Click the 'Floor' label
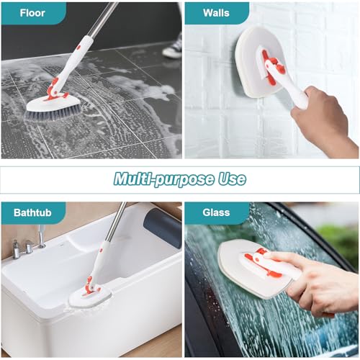pyautogui.click(x=32, y=12)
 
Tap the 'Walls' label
pyautogui.click(x=216, y=13)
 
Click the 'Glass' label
pyautogui.click(x=215, y=213)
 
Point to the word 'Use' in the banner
pyautogui.click(x=230, y=179)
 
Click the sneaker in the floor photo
pyautogui.click(x=172, y=46)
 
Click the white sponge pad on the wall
pyautogui.click(x=252, y=58)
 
